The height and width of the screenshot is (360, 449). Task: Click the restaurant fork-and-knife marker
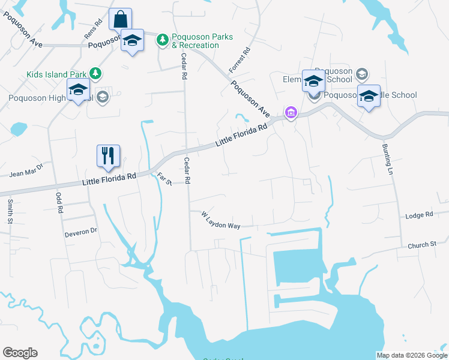(x=109, y=156)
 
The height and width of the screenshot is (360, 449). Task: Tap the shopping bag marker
(x=120, y=19)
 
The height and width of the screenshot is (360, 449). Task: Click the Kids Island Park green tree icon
(x=95, y=74)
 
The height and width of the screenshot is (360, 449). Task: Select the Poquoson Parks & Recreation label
(x=202, y=41)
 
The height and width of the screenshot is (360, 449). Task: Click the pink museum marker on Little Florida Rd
(x=291, y=112)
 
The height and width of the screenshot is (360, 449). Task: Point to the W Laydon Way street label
(x=221, y=220)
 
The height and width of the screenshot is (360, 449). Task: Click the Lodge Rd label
(x=419, y=215)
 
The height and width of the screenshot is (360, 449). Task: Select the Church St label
(x=421, y=245)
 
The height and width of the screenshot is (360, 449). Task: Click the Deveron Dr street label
(x=81, y=231)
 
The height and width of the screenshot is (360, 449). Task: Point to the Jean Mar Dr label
(x=27, y=172)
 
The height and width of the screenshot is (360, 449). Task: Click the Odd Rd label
(x=59, y=203)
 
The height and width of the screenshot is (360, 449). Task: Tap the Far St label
(x=164, y=178)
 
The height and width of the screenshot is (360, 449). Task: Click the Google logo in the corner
(x=20, y=353)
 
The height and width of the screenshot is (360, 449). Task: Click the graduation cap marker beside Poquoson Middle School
(x=369, y=96)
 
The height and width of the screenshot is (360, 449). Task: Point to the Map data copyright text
(x=412, y=355)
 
